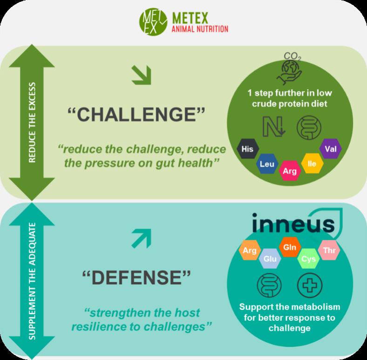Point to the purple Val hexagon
[331, 149]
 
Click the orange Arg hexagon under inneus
[250, 251]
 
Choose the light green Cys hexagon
[307, 258]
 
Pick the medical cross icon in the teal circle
[307, 285]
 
